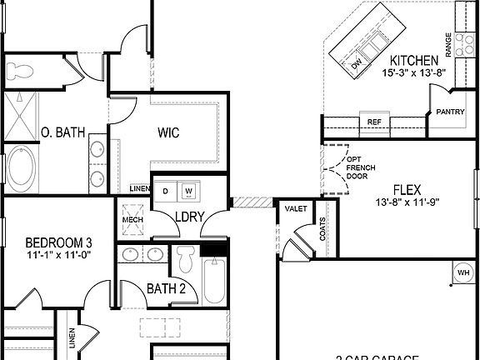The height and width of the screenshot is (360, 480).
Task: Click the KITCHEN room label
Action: pyautogui.click(x=414, y=60)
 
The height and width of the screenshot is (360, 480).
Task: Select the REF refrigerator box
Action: pyautogui.click(x=374, y=122)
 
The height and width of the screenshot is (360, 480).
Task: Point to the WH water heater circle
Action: pyautogui.click(x=462, y=271)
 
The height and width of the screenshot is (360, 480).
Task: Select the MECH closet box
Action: pyautogui.click(x=133, y=220)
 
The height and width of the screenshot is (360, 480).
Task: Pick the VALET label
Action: pyautogui.click(x=295, y=208)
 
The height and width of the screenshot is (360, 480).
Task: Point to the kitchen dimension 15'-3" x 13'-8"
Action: pyautogui.click(x=414, y=72)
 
